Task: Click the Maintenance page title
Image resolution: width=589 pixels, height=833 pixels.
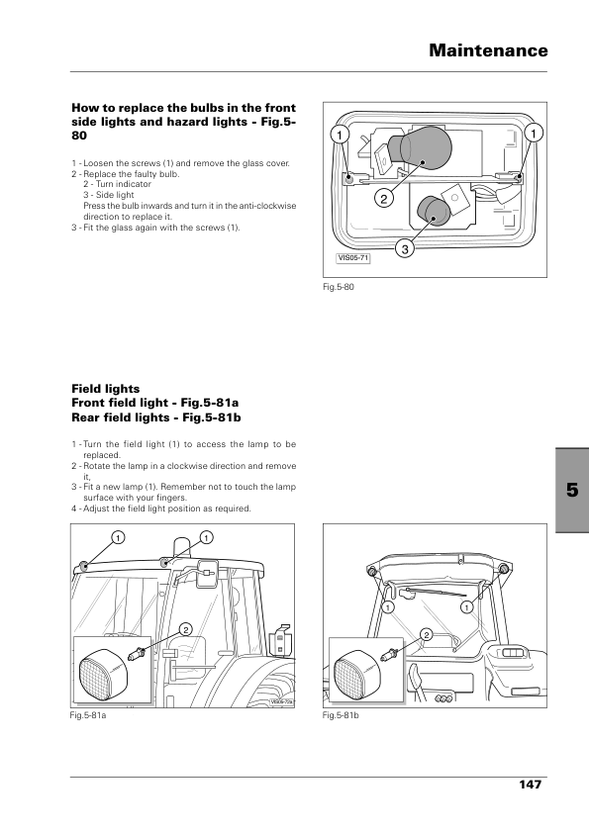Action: tap(488, 50)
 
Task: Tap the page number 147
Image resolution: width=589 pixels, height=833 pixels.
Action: tap(530, 785)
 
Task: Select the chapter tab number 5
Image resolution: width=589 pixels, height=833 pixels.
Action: tap(572, 490)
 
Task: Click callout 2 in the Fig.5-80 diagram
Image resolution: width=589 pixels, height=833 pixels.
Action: tap(384, 199)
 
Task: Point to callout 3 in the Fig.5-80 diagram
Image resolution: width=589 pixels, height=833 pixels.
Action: tap(405, 248)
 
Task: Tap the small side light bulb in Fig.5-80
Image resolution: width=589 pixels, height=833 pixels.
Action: tap(434, 211)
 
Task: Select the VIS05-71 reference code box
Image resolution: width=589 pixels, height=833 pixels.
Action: tap(353, 258)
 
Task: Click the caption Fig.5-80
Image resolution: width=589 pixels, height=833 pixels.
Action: tap(339, 287)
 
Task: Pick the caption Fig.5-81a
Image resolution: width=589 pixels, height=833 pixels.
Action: tap(88, 715)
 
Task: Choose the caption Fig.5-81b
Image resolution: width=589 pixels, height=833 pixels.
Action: tap(341, 715)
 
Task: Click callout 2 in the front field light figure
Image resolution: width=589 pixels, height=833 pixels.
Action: tap(185, 630)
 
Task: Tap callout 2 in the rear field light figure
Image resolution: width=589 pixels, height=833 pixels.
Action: tap(427, 634)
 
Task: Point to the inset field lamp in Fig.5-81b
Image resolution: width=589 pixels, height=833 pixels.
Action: tap(358, 676)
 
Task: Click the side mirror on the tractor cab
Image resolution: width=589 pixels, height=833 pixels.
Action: tap(206, 573)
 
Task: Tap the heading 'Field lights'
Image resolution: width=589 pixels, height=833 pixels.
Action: tap(106, 389)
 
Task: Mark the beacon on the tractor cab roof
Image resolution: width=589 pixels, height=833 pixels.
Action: tap(181, 547)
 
